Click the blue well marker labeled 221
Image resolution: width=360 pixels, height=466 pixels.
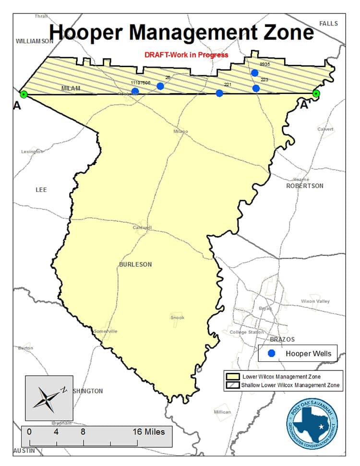click(x=219, y=93)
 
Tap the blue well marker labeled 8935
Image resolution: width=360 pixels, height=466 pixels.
click(x=255, y=73)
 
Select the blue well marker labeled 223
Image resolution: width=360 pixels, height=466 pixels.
click(x=256, y=88)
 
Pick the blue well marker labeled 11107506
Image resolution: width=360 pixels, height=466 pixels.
click(x=135, y=91)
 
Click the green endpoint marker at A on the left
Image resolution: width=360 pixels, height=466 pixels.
click(x=24, y=94)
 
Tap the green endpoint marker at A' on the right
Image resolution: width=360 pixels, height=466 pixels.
click(x=316, y=94)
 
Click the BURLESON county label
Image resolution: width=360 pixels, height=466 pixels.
click(x=135, y=264)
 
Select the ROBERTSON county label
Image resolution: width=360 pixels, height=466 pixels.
click(x=305, y=186)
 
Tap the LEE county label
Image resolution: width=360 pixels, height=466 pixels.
click(x=41, y=190)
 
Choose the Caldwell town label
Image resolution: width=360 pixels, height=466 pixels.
click(x=143, y=227)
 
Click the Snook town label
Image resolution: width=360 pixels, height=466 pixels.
click(x=177, y=318)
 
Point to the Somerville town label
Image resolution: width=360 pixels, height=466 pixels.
click(x=106, y=331)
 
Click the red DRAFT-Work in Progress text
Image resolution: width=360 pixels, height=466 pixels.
click(x=186, y=55)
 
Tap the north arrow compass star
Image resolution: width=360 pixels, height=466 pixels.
click(x=48, y=397)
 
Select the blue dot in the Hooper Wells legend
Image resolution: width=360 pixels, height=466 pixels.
click(x=271, y=354)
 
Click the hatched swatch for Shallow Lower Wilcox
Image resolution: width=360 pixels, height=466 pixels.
click(x=233, y=385)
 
